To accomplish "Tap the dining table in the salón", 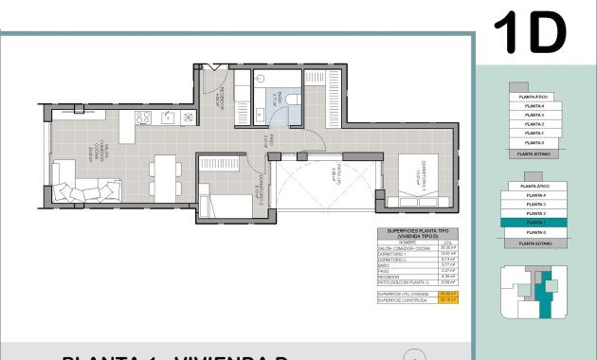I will tap(164, 175).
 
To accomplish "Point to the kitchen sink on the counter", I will tap(167, 117).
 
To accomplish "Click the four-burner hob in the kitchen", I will tap(144, 117).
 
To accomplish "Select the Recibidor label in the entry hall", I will tap(222, 98).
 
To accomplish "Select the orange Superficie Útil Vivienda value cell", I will tap(447, 294).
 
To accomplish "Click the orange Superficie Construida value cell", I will tap(447, 299).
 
